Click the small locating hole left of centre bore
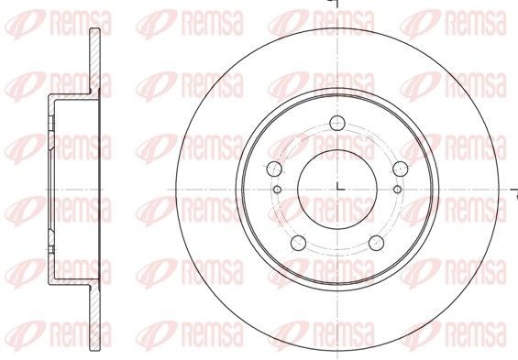pyautogui.click(x=278, y=190)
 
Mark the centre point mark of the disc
pyautogui.click(x=336, y=188)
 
